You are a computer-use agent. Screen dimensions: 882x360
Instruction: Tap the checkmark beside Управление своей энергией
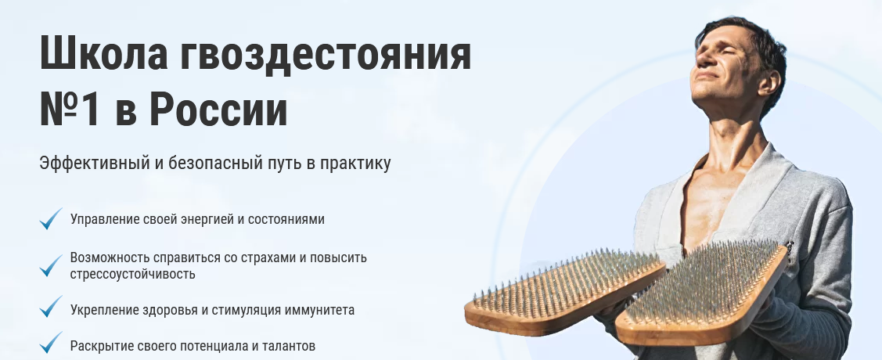tap(51, 218)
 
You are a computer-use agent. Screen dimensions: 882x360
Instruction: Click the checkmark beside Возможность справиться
tap(51, 265)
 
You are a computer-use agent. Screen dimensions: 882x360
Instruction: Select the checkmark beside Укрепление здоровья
tap(51, 307)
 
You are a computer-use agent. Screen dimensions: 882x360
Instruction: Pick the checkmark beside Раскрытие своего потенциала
tap(51, 343)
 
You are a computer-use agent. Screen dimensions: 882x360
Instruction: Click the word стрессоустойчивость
tap(133, 275)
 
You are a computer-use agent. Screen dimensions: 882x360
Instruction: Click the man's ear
tap(769, 82)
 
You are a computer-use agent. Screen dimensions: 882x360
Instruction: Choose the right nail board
tap(702, 293)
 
